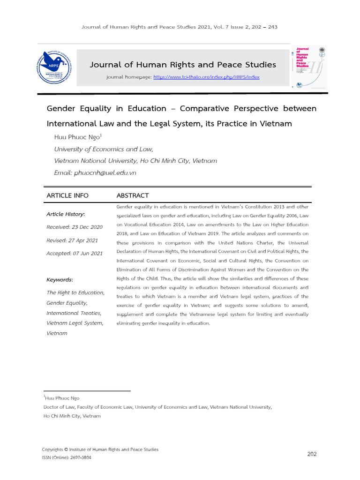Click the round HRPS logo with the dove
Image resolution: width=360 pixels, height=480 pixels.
click(57, 67)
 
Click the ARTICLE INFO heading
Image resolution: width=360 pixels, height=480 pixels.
click(67, 195)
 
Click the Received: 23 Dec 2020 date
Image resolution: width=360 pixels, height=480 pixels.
click(74, 227)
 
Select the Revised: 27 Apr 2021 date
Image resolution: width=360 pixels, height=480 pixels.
click(72, 240)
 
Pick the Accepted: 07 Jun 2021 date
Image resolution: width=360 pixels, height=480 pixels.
click(74, 254)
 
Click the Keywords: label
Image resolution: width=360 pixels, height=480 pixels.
click(60, 280)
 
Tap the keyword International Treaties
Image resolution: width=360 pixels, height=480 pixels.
click(73, 313)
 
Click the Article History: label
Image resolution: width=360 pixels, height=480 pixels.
click(66, 214)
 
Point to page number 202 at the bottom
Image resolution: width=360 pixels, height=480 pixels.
click(312, 454)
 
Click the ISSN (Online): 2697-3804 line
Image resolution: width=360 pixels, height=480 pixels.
click(67, 457)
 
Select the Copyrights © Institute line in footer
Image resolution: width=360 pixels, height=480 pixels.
click(100, 449)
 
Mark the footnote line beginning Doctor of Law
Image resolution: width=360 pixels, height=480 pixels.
click(157, 407)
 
